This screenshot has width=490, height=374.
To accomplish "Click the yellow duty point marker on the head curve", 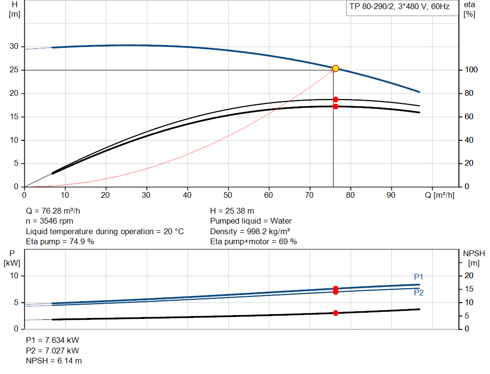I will tap(335, 68).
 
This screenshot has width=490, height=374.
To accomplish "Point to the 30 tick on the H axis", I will tap(14, 46).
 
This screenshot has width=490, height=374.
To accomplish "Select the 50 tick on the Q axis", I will tap(228, 195).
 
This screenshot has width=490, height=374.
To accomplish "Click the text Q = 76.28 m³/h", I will tap(56, 211).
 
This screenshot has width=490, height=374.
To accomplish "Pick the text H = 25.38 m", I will tap(232, 211).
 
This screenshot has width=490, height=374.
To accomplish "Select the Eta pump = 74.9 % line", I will tap(60, 241).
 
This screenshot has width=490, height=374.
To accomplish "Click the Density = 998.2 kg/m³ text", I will tap(250, 231).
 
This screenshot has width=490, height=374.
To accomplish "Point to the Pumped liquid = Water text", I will tap(251, 221).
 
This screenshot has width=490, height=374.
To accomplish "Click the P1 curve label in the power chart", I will tap(419, 277).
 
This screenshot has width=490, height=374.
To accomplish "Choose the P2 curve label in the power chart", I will tap(419, 293).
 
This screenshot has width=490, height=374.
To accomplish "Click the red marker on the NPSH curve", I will tap(335, 313).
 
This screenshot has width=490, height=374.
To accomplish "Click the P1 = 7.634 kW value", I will tap(52, 340).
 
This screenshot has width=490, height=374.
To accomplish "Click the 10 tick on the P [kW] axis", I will tap(13, 276).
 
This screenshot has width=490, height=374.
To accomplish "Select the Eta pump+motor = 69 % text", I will tap(254, 241).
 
